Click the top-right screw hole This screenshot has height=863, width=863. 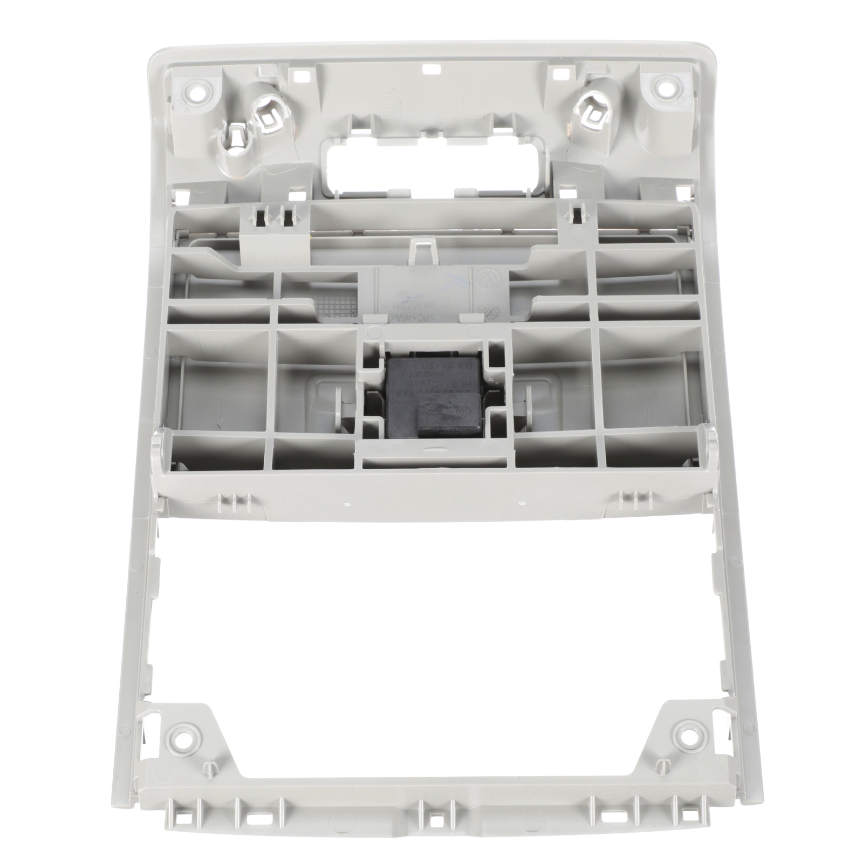(x=661, y=85)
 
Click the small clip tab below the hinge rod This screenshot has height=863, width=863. (x=423, y=249)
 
